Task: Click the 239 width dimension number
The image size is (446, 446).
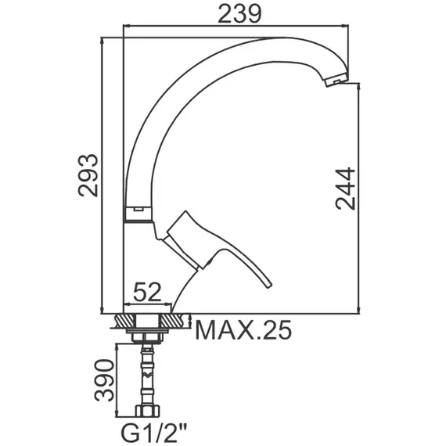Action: (239, 14)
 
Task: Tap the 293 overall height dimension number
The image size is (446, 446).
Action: (88, 175)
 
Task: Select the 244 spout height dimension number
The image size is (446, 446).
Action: (346, 189)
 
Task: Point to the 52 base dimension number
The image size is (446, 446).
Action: (147, 292)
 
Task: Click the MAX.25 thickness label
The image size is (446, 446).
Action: (243, 330)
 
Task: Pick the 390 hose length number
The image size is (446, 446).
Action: (104, 380)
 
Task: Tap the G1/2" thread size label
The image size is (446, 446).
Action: (154, 433)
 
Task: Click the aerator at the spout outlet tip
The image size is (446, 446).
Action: (336, 80)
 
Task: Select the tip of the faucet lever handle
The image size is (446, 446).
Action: (269, 286)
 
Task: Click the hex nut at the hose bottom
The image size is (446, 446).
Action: (147, 411)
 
